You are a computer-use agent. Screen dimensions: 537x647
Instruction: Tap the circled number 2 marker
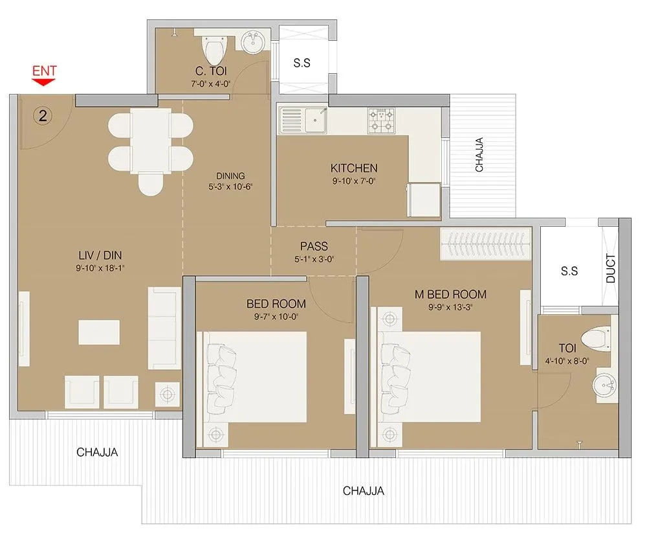(x=43, y=117)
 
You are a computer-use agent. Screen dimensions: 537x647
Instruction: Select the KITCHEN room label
(x=354, y=168)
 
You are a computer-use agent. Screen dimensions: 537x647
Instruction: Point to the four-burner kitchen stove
(x=381, y=120)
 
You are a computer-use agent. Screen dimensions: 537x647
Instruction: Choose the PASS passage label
(x=314, y=246)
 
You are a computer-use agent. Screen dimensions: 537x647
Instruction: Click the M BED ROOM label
(x=450, y=295)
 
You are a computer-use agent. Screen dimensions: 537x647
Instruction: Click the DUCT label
(x=611, y=268)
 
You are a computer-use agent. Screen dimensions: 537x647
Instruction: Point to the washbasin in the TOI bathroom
(x=606, y=387)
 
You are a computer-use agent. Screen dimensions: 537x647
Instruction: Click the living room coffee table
(x=99, y=332)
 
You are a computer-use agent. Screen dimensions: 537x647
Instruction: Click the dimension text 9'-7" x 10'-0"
(x=276, y=317)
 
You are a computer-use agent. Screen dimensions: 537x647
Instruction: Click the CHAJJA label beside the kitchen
(x=479, y=155)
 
